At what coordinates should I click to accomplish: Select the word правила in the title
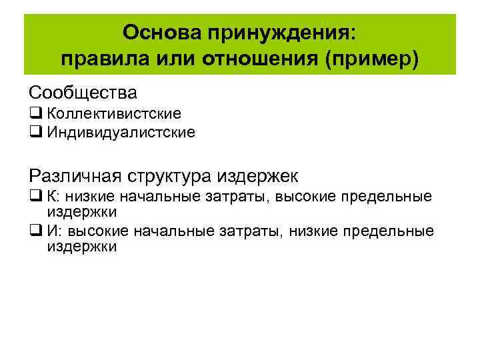click(x=101, y=59)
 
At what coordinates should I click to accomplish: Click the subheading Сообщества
click(x=83, y=91)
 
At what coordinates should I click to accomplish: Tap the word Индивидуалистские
click(x=121, y=132)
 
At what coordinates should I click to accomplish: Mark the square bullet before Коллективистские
click(x=35, y=114)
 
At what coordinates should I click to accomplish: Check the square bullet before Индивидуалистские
click(x=35, y=132)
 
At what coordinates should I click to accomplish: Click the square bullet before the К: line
click(x=35, y=197)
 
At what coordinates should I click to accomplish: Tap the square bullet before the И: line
click(x=35, y=231)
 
